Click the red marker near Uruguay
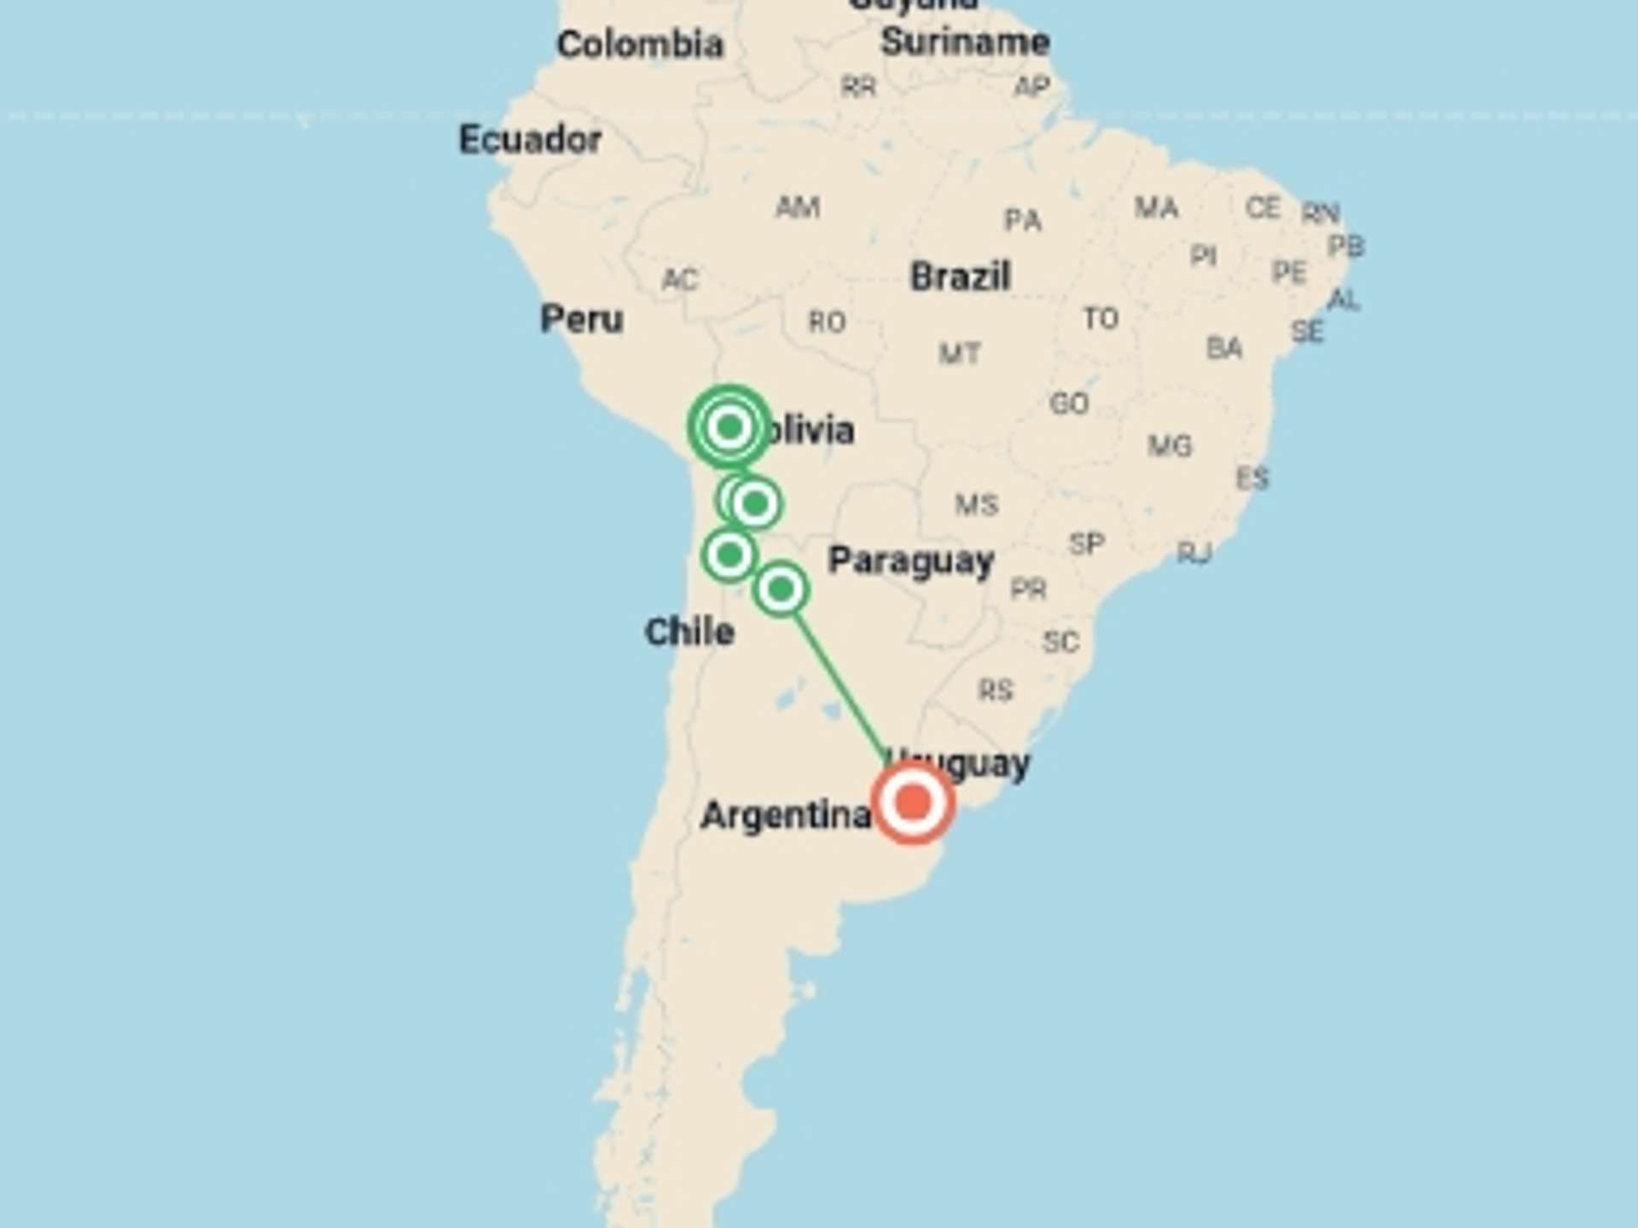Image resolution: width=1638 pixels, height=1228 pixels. click(912, 802)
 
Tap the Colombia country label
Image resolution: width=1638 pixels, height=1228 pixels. click(640, 44)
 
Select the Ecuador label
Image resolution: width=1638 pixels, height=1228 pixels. click(530, 139)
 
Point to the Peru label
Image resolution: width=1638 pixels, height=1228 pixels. click(582, 319)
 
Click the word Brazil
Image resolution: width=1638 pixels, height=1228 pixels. click(960, 276)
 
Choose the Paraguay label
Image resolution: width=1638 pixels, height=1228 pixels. click(911, 560)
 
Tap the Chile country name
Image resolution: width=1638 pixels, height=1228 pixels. click(689, 632)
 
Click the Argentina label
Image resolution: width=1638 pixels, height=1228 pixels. click(785, 815)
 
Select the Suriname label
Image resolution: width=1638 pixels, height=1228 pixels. click(965, 41)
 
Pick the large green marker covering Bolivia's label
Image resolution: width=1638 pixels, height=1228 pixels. click(729, 426)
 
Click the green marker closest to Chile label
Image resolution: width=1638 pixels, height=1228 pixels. click(729, 555)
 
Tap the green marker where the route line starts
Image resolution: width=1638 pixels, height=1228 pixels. click(781, 588)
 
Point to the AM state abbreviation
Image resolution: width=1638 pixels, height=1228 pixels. click(798, 206)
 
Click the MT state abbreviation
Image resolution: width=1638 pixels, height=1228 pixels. click(959, 353)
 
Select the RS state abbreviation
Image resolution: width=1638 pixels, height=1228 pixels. click(995, 689)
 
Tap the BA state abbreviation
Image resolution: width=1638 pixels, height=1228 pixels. click(1223, 348)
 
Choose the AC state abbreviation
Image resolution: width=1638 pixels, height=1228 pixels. click(680, 279)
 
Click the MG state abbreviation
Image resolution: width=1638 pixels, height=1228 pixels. click(1170, 445)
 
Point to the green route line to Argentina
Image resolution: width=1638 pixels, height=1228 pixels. click(840, 682)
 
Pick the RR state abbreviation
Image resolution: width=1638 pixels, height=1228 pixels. click(858, 86)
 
